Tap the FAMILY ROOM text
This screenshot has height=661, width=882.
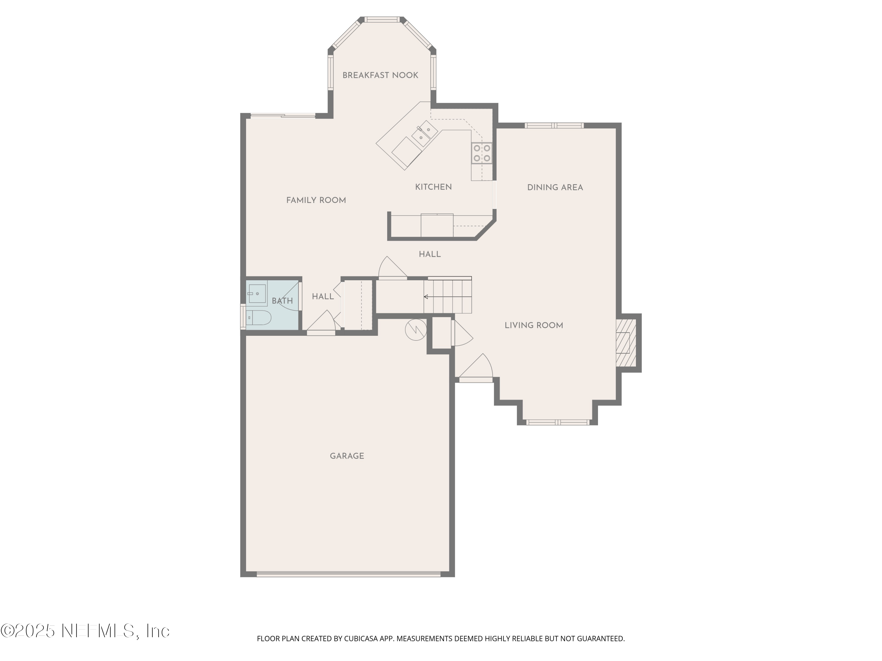point(316,200)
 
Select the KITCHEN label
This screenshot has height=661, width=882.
point(433,187)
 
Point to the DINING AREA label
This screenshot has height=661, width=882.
point(555,187)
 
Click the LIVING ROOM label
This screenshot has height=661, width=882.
point(534,325)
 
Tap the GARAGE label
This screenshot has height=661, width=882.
point(347,456)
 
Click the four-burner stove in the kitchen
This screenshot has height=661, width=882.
point(482,153)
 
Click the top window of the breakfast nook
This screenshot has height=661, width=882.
point(382,19)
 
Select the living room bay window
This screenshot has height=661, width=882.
point(557,422)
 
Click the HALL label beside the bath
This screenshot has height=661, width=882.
point(323,296)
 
